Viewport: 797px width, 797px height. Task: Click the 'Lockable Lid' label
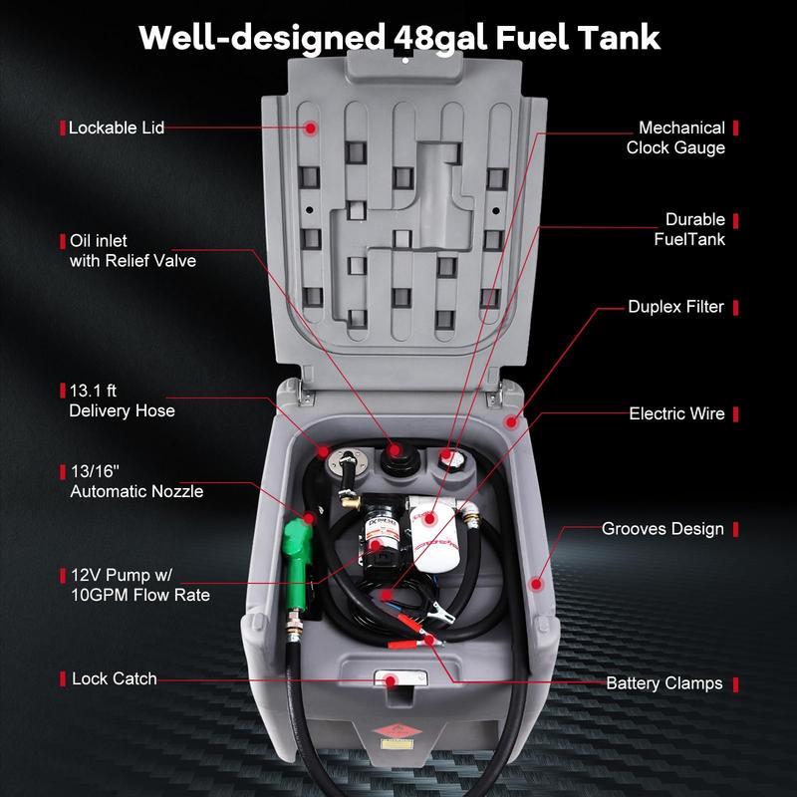click(116, 128)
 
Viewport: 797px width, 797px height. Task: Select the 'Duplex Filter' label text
click(675, 307)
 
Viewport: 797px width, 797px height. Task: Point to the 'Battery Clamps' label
click(664, 683)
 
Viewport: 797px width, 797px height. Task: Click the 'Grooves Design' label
click(663, 528)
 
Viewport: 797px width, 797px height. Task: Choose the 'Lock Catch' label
click(114, 678)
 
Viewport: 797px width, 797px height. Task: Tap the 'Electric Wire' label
click(676, 412)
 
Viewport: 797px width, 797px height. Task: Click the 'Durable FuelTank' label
click(689, 229)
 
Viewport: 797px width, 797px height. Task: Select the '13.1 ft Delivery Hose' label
click(122, 400)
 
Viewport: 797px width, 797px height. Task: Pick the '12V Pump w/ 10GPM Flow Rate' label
click(139, 585)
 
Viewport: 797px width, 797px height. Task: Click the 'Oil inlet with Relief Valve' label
click(132, 251)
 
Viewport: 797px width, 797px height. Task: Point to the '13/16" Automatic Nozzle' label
click(135, 481)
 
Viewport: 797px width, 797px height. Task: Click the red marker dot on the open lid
click(311, 129)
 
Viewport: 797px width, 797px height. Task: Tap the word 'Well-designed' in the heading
click(257, 38)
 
